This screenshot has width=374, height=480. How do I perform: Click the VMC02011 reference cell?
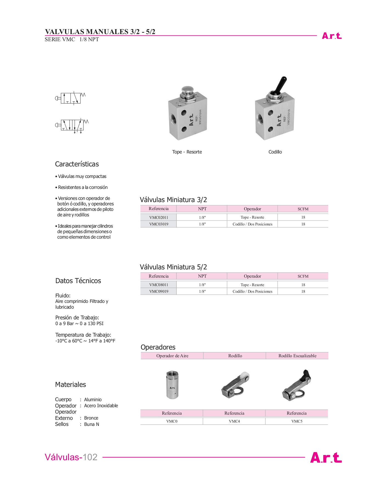tap(159, 217)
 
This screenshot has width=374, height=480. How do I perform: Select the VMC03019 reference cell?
tap(159, 224)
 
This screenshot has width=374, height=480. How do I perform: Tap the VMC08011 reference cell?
tap(159, 285)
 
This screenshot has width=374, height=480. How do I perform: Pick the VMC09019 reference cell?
tap(159, 291)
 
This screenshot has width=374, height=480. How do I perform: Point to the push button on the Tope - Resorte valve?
tap(187, 90)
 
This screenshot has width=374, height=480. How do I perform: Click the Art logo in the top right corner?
tap(331, 36)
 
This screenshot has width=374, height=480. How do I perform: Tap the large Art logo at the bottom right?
tap(326, 457)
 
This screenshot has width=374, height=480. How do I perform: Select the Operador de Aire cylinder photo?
tap(172, 384)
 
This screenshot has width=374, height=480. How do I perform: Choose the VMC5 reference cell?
tap(297, 421)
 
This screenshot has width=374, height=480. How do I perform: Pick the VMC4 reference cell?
tap(234, 421)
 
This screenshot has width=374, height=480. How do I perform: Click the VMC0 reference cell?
tap(172, 421)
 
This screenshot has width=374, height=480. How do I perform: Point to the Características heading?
tap(77, 164)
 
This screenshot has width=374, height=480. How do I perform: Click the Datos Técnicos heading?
tap(78, 281)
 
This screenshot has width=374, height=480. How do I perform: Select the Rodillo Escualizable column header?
tap(297, 356)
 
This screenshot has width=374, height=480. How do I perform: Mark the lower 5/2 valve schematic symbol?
tap(72, 125)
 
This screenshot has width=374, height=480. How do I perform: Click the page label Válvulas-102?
tap(71, 457)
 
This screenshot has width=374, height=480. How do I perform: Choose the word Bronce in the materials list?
tap(91, 418)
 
